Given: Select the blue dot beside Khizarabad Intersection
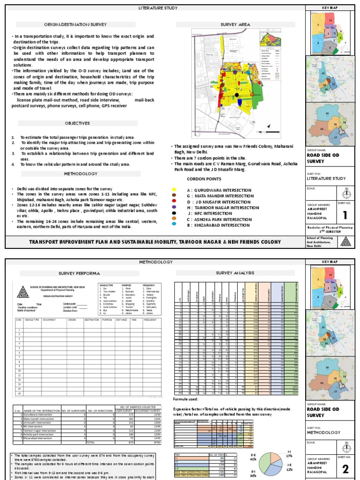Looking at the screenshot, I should (x=174, y=225).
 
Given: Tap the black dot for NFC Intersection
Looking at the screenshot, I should (x=174, y=213).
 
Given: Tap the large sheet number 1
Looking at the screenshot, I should (x=345, y=215).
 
